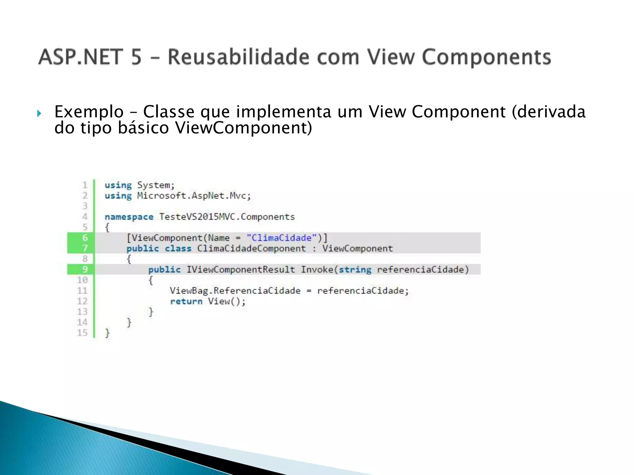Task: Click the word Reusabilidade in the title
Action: tap(238, 57)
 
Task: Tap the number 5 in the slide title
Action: tap(136, 57)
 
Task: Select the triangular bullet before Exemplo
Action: tap(39, 113)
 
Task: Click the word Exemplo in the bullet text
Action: tap(89, 112)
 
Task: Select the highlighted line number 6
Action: tap(85, 238)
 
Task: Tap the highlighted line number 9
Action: tap(85, 269)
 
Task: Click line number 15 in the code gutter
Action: tap(82, 333)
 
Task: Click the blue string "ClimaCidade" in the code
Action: tap(281, 238)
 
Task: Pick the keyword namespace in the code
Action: tap(129, 217)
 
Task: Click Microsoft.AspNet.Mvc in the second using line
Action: tap(194, 196)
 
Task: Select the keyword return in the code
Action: tap(186, 302)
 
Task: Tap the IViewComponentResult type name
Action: tap(241, 270)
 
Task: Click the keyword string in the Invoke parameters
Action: tap(355, 270)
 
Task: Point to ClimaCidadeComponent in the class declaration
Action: tap(251, 249)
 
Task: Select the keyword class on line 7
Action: tap(178, 249)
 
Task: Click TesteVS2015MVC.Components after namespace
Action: tap(227, 217)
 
